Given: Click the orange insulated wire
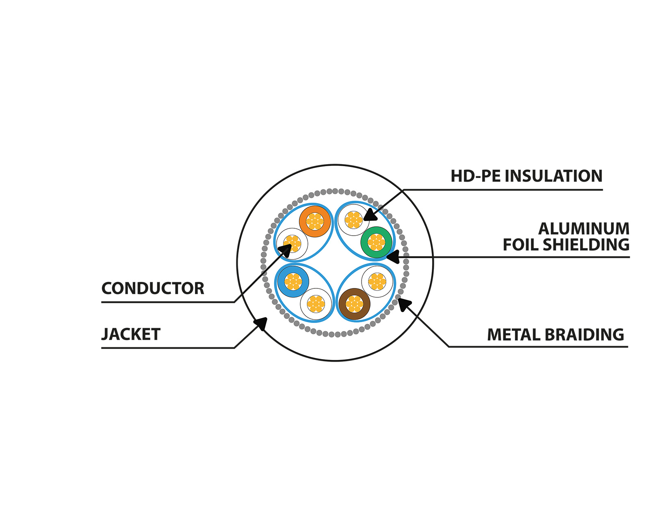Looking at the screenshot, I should (315, 221).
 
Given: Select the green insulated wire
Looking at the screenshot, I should (376, 242).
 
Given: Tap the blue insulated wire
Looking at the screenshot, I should (293, 281).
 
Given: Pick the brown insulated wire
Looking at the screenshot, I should (354, 304).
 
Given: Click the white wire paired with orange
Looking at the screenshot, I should (292, 244).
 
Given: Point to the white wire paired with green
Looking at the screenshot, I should (353, 220).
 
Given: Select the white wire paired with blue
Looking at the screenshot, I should (316, 304).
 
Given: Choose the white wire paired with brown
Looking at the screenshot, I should (377, 281).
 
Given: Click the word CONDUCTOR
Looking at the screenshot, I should (153, 288).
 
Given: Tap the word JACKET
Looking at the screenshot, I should (131, 334).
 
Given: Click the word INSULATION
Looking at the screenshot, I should (554, 176).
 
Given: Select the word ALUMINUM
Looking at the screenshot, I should (584, 229).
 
